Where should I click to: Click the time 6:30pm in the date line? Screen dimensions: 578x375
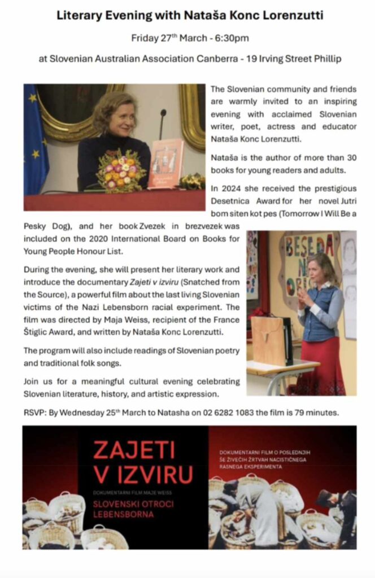click(x=234, y=39)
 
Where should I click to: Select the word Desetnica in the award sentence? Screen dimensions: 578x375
click(x=230, y=202)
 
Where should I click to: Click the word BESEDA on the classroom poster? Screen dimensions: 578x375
click(x=310, y=247)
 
